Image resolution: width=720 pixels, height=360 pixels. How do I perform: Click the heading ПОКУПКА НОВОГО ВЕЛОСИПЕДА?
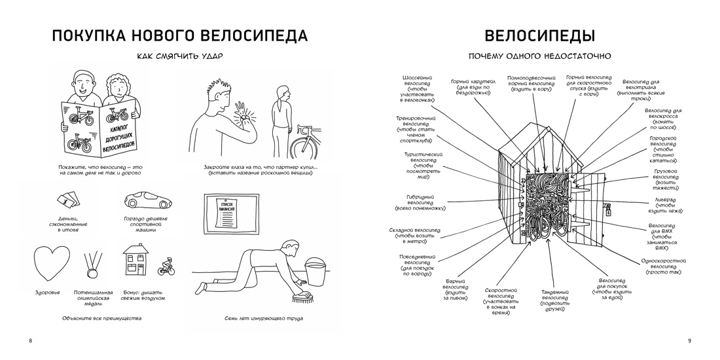click(x=179, y=35)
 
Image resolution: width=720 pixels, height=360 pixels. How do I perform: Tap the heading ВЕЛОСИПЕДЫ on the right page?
click(x=539, y=35)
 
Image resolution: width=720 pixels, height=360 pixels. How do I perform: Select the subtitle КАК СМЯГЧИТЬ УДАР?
click(x=179, y=56)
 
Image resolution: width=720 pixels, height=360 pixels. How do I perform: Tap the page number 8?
click(x=30, y=340)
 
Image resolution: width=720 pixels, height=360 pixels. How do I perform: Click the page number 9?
click(x=689, y=340)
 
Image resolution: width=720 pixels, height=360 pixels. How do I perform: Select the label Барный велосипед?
click(x=455, y=289)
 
